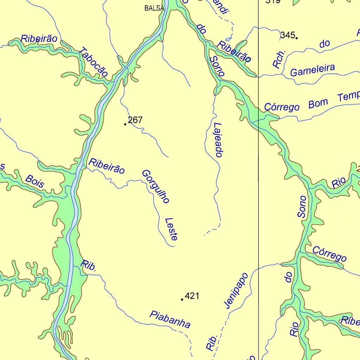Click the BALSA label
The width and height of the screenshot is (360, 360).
pos(154,8)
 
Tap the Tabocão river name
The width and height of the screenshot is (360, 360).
pos(93,62)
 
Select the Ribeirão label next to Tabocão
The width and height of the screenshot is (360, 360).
pos(39,39)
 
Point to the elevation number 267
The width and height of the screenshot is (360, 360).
pos(135,120)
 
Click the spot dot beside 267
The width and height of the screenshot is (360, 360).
pos(125,124)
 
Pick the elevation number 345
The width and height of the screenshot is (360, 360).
pos(287,35)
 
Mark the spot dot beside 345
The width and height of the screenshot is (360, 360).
pos(297,38)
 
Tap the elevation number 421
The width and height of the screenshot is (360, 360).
pos(192,296)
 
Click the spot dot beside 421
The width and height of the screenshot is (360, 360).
pos(182,300)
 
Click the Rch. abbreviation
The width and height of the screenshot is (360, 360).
pos(280,58)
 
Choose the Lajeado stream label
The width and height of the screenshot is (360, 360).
pos(218,140)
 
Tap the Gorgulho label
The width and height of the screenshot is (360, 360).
pos(156,187)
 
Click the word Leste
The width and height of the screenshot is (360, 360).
pos(171,229)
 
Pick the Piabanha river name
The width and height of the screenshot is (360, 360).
pos(170,319)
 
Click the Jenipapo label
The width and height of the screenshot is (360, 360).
pos(236,290)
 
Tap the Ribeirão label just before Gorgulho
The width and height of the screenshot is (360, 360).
pos(107,166)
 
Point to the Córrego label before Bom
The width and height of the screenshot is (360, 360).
pos(282,106)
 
